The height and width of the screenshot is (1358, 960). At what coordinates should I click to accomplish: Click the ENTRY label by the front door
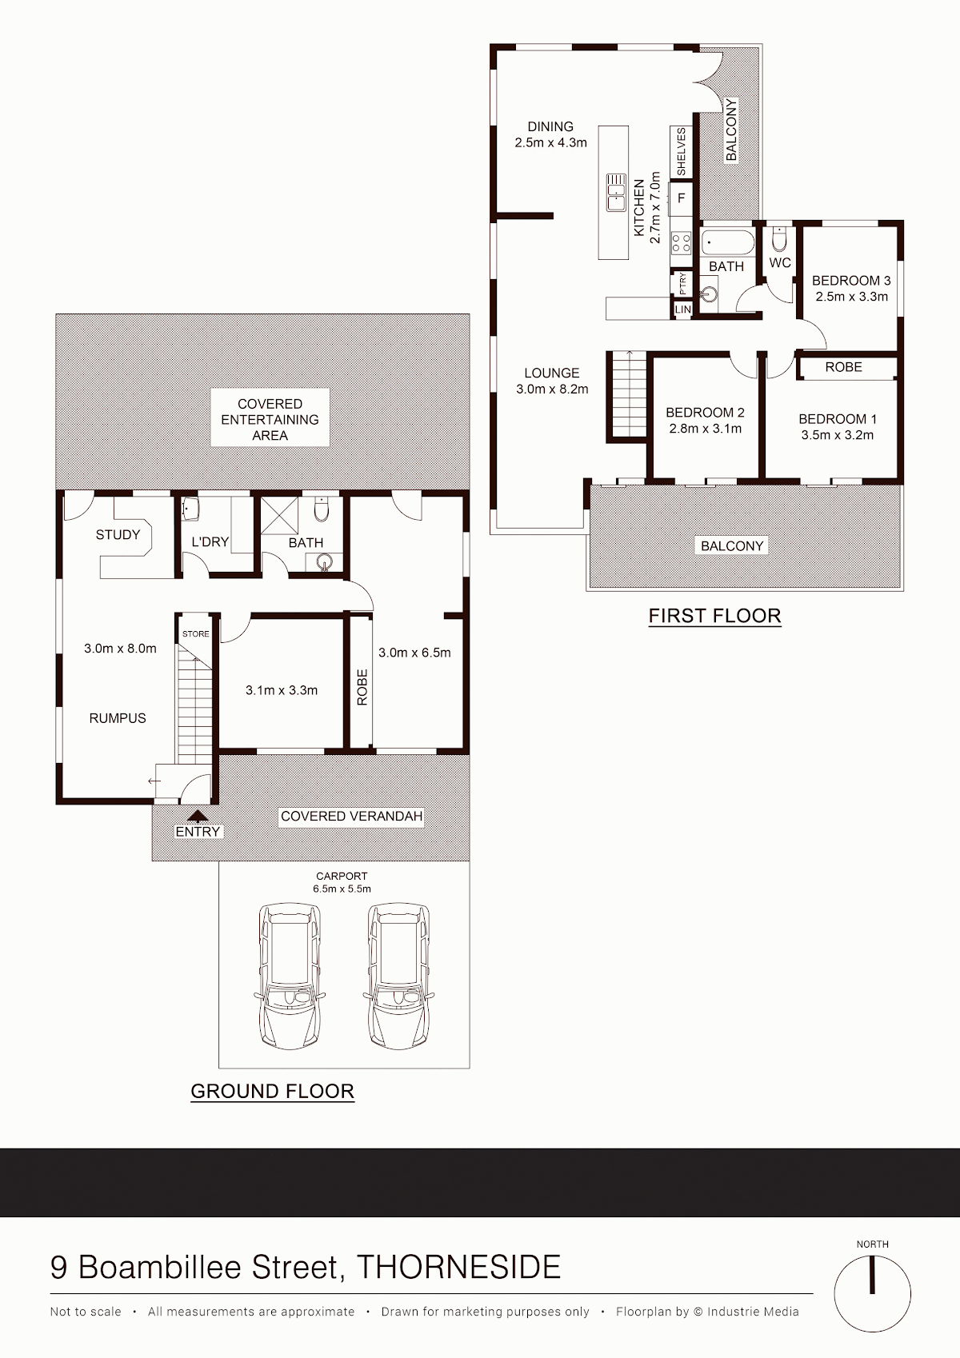pyautogui.click(x=198, y=831)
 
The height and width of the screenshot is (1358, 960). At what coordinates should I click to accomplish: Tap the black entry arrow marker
pyautogui.click(x=198, y=816)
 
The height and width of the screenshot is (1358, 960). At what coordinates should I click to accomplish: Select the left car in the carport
pyautogui.click(x=290, y=977)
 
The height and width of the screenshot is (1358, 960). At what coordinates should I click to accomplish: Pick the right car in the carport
pyautogui.click(x=398, y=977)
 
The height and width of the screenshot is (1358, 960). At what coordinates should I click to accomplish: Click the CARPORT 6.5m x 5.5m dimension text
pyautogui.click(x=342, y=882)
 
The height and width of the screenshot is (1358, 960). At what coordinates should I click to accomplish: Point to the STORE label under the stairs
pyautogui.click(x=196, y=633)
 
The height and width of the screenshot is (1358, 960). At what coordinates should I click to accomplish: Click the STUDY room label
pyautogui.click(x=118, y=534)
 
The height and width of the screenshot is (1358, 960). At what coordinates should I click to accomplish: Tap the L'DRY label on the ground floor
pyautogui.click(x=210, y=541)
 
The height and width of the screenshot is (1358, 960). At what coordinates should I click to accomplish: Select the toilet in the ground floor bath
pyautogui.click(x=322, y=509)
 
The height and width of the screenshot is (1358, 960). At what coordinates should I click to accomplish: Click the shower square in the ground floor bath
pyautogui.click(x=279, y=515)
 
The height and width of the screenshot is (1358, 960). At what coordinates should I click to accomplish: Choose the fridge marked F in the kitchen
pyautogui.click(x=682, y=198)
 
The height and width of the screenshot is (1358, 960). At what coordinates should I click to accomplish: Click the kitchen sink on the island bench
pyautogui.click(x=616, y=192)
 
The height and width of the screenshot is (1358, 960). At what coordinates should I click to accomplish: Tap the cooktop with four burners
pyautogui.click(x=681, y=242)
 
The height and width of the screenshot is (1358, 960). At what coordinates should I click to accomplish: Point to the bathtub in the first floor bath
pyautogui.click(x=728, y=242)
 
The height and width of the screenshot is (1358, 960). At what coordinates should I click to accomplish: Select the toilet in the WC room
pyautogui.click(x=779, y=239)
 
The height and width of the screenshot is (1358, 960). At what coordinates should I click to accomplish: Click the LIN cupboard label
pyautogui.click(x=683, y=310)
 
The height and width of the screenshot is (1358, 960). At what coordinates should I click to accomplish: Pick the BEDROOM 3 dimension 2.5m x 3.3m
pyautogui.click(x=851, y=297)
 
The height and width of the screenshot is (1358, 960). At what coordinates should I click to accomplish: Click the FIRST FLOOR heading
pyautogui.click(x=715, y=616)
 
